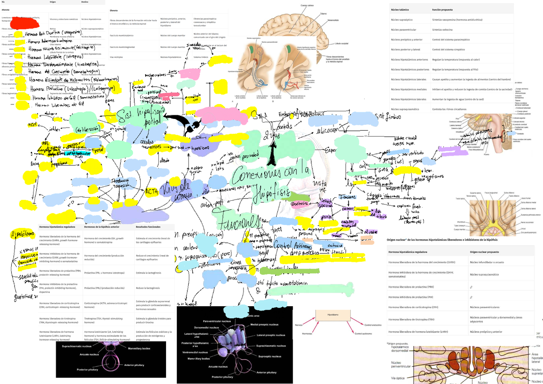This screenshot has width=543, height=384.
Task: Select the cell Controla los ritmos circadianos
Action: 455,109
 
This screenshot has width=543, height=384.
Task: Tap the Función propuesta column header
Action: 445,9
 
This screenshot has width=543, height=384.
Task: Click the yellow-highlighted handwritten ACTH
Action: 151,191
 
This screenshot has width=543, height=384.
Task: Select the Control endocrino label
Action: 373,325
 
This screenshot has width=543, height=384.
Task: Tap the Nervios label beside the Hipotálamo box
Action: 298,325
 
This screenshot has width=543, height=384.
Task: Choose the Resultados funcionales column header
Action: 149,227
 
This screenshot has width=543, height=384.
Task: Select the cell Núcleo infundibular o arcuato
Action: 487,262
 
